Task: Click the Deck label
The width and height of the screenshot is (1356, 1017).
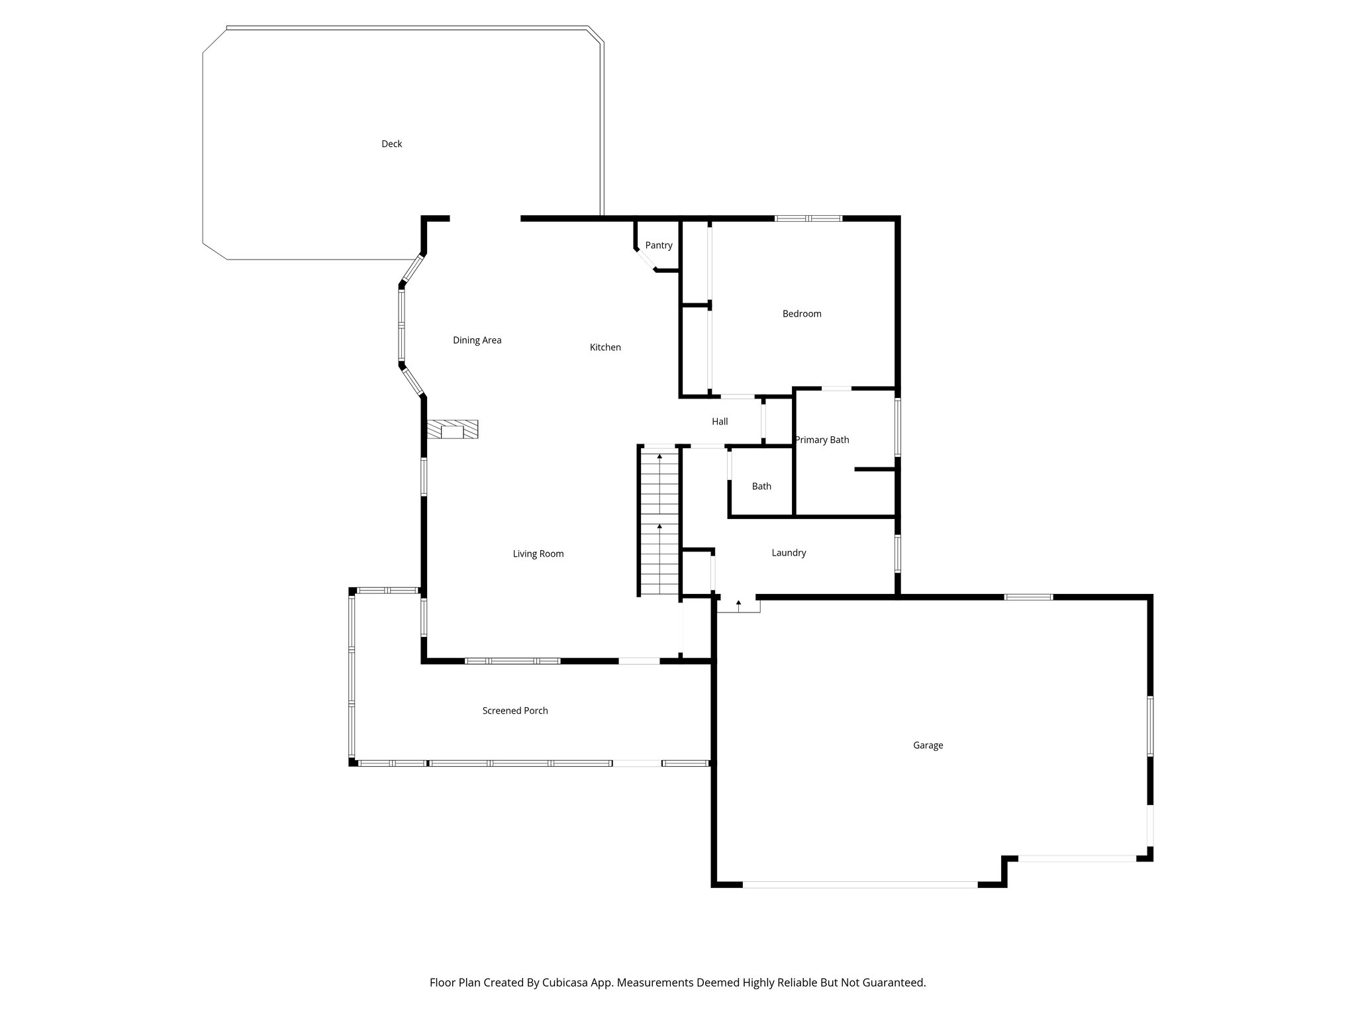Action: click(x=391, y=144)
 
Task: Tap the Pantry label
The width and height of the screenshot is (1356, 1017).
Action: click(x=658, y=245)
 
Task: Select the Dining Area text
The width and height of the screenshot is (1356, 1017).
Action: click(x=477, y=340)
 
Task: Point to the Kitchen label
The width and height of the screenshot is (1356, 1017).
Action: click(x=605, y=347)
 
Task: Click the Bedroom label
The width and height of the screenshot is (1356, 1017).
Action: click(x=801, y=314)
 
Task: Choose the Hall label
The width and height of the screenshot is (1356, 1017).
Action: click(x=720, y=421)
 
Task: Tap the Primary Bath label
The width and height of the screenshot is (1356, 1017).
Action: click(x=822, y=440)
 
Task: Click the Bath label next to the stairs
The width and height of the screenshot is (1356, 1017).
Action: click(x=761, y=486)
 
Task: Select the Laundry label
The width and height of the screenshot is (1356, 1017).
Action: click(x=789, y=553)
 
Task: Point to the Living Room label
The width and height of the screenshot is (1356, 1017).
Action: click(x=538, y=554)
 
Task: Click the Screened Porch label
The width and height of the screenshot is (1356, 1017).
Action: click(x=515, y=710)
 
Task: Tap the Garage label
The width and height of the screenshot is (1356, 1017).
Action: click(x=928, y=746)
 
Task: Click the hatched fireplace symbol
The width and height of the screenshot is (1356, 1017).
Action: click(x=452, y=430)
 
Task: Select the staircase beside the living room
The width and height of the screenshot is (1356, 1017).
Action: click(x=659, y=523)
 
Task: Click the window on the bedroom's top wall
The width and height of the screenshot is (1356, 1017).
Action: click(x=808, y=218)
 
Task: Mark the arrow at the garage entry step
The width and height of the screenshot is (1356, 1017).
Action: click(x=738, y=603)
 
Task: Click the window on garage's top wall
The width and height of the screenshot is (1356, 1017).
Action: click(x=1028, y=597)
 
